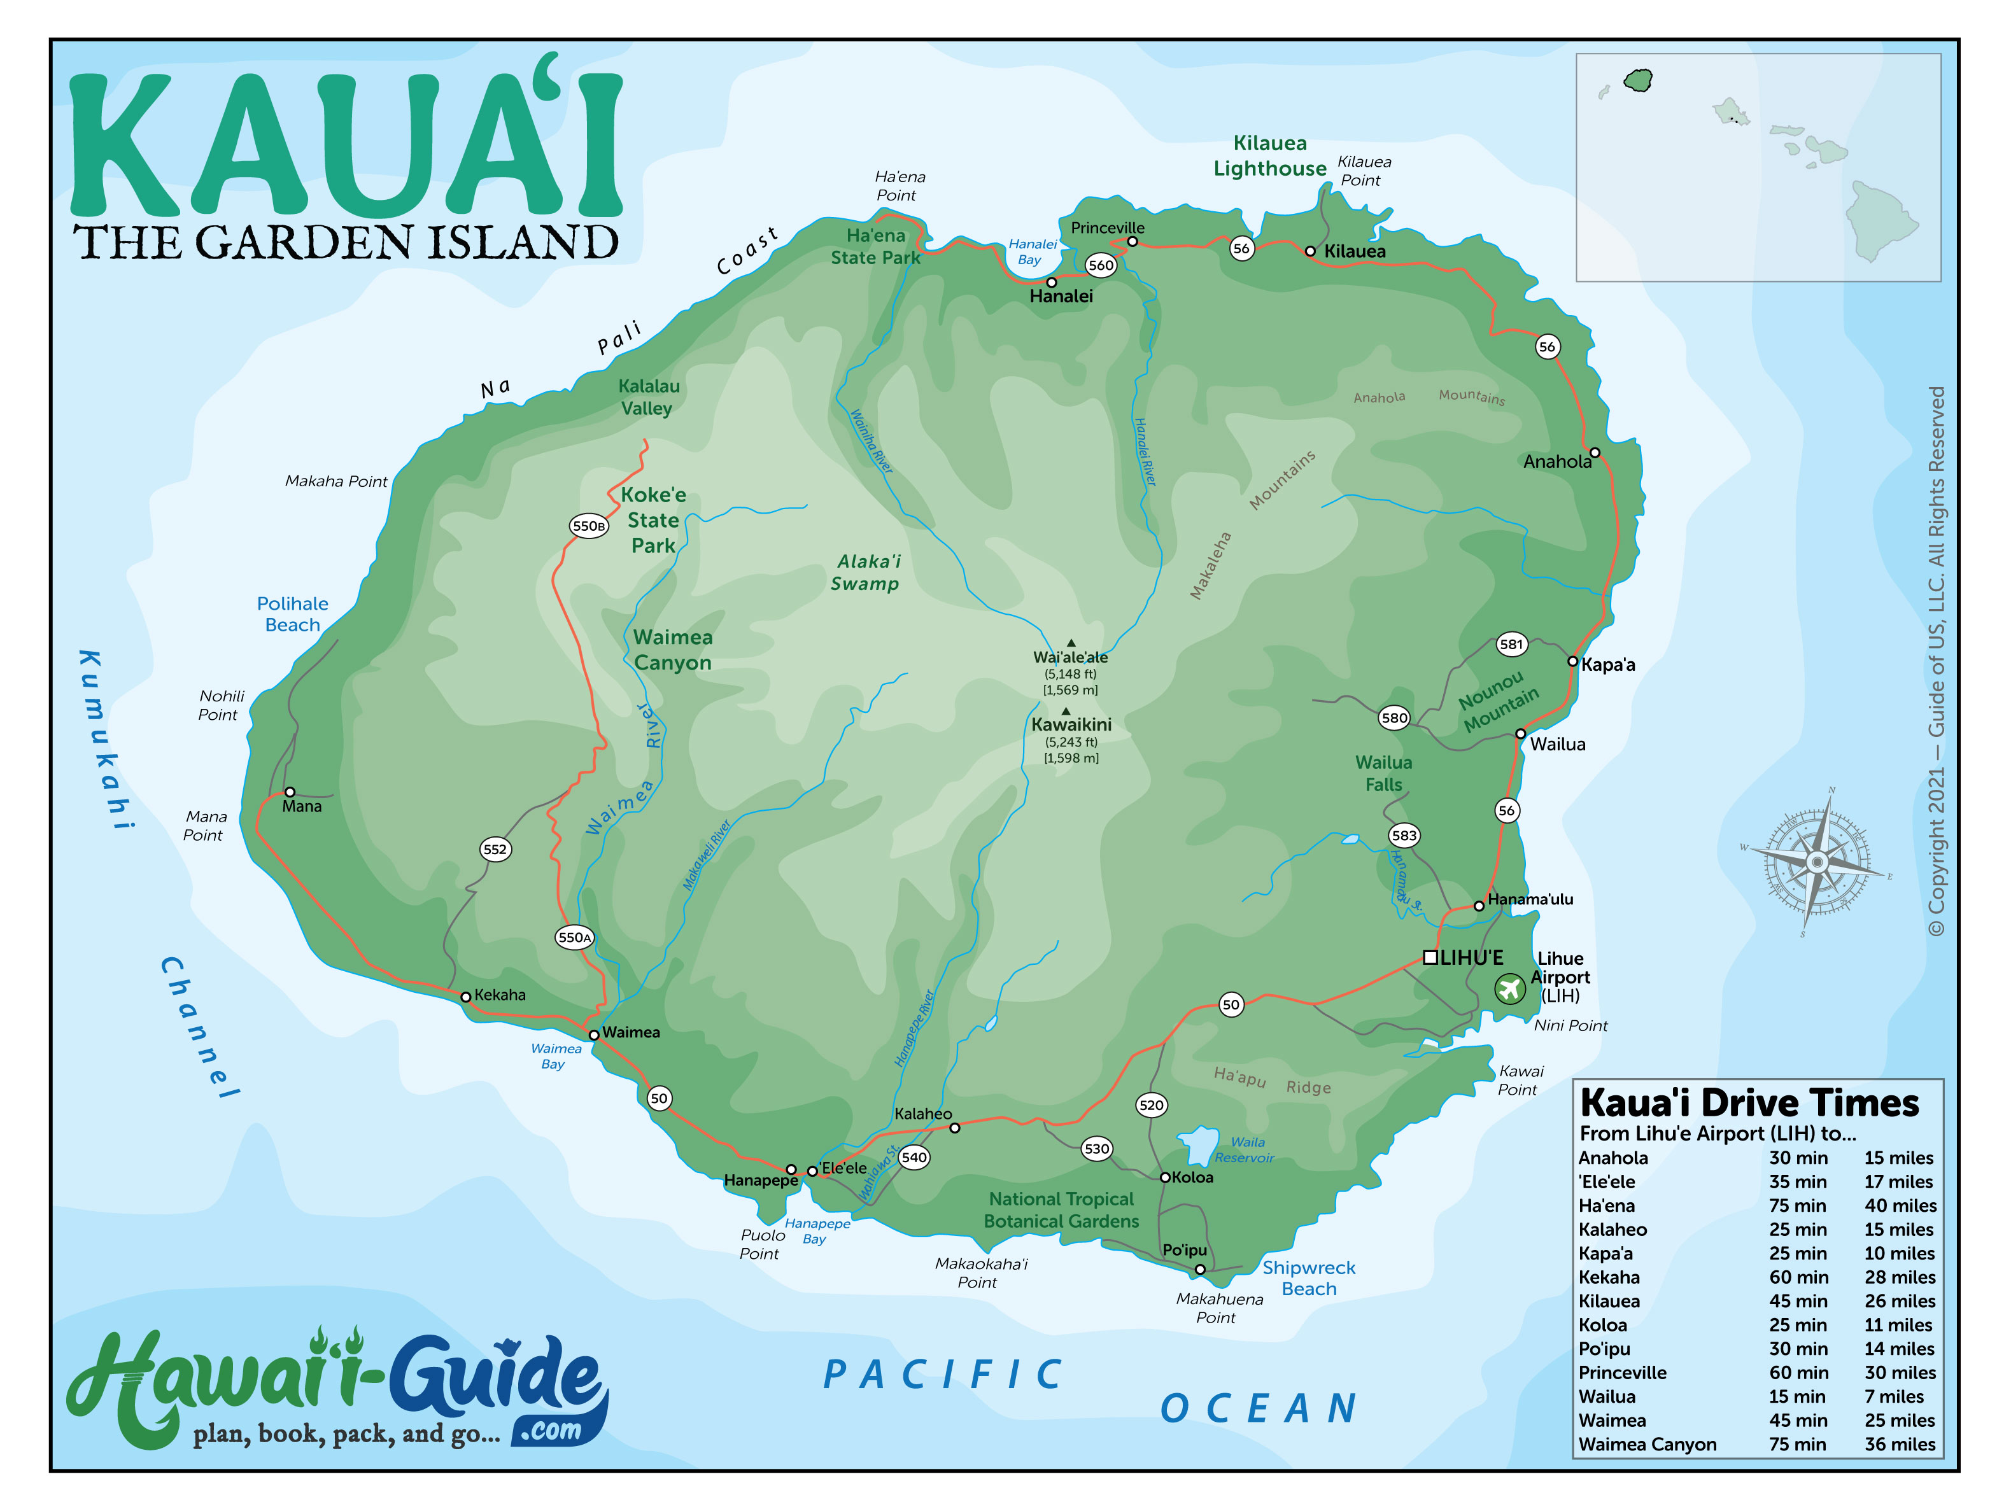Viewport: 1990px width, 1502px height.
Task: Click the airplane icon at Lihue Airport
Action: (x=1509, y=989)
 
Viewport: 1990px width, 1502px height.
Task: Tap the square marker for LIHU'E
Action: (x=1430, y=957)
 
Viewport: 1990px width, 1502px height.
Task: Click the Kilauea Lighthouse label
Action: (x=1269, y=155)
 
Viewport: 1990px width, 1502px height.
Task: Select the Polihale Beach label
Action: (x=292, y=614)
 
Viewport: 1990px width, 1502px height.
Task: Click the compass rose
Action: (x=1816, y=862)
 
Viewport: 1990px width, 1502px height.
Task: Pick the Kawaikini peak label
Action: (x=1071, y=725)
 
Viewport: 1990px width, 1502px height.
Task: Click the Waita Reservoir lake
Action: (x=1198, y=1145)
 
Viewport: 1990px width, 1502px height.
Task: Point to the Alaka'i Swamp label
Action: (x=865, y=573)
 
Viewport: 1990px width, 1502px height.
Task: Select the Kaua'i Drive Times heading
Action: (x=1749, y=1104)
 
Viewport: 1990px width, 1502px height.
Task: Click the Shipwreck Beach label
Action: (x=1308, y=1278)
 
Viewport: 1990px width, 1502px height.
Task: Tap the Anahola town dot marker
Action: (x=1594, y=453)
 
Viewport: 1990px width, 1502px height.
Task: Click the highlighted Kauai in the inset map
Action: (x=1637, y=81)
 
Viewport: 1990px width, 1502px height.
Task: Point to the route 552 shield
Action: (x=495, y=849)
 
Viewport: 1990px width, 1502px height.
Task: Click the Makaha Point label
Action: (x=335, y=482)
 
